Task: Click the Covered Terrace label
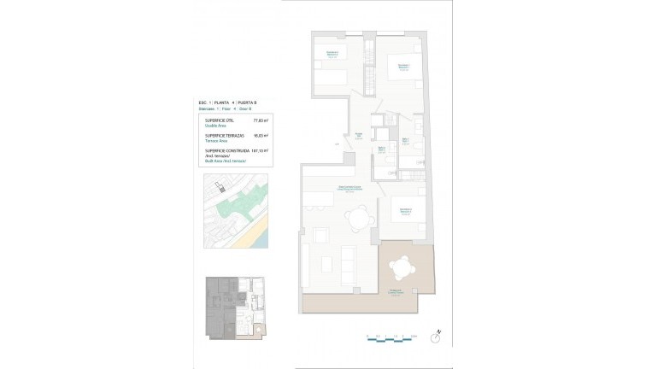(x=396, y=292)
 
